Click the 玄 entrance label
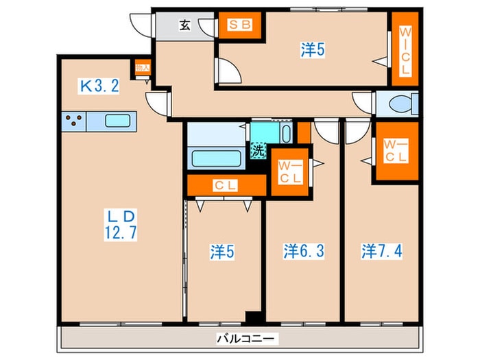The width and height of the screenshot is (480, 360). click(x=185, y=25)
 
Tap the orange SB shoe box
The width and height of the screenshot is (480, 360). click(x=240, y=26)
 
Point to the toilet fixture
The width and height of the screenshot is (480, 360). click(x=401, y=104)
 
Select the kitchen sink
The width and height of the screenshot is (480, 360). click(x=118, y=121)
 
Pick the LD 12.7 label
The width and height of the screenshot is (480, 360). click(x=121, y=223)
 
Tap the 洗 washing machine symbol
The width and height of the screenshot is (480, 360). click(x=258, y=152)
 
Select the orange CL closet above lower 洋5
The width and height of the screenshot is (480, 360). click(x=226, y=184)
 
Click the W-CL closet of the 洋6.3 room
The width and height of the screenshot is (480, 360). click(x=289, y=171)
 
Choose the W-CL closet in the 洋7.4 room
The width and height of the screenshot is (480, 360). click(x=395, y=152)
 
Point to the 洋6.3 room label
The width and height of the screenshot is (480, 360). click(x=304, y=252)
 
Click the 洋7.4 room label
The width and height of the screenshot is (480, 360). click(x=382, y=252)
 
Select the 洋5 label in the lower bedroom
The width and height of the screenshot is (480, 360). click(x=223, y=252)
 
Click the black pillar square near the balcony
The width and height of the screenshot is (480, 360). click(x=254, y=317)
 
